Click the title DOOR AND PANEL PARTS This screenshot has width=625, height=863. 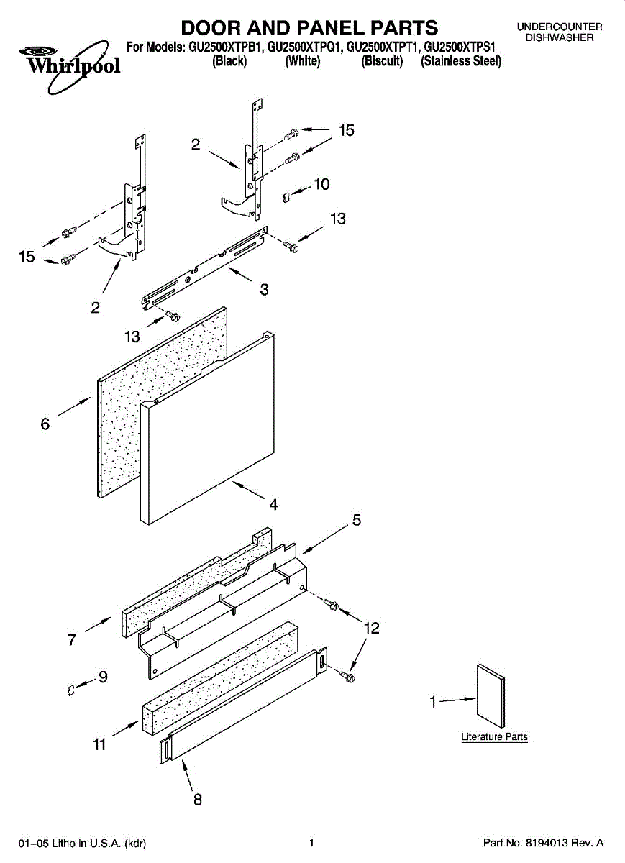click(309, 28)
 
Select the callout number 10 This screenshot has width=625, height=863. click(321, 184)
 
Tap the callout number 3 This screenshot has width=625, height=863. click(264, 290)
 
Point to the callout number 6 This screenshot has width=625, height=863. click(45, 424)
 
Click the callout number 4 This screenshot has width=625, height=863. click(273, 505)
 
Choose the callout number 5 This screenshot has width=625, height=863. click(356, 520)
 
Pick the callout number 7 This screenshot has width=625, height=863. click(72, 640)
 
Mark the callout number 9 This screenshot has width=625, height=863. click(103, 677)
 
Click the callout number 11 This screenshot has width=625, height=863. click(99, 745)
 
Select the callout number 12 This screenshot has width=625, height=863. click(371, 628)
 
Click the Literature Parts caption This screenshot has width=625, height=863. click(494, 737)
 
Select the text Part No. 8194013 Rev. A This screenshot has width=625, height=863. click(543, 843)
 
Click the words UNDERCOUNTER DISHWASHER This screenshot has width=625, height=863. click(559, 32)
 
